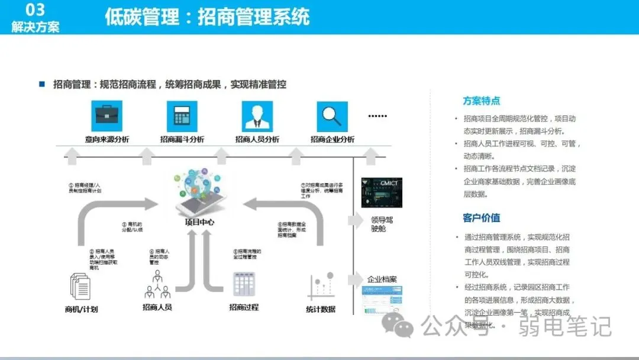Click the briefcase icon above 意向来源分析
click(x=106, y=115)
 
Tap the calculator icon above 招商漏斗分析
click(x=182, y=115)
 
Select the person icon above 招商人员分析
click(x=257, y=115)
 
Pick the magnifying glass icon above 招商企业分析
click(x=332, y=115)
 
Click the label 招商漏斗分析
click(x=182, y=140)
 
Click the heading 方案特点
click(x=481, y=101)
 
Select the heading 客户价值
click(x=481, y=218)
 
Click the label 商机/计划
click(x=81, y=309)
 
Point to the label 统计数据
click(x=321, y=309)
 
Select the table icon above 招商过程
click(x=243, y=284)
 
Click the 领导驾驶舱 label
click(x=378, y=224)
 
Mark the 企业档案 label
click(x=382, y=279)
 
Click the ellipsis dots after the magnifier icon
click(x=377, y=116)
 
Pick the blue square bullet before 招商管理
click(x=42, y=84)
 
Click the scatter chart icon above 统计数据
click(x=321, y=286)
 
